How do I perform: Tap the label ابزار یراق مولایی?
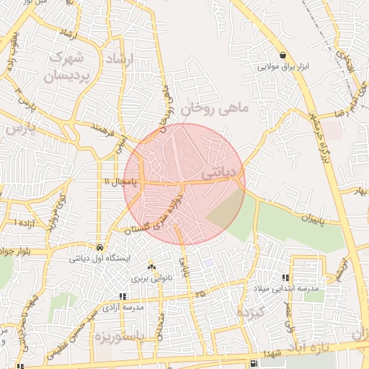283,67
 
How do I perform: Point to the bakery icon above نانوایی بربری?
151,266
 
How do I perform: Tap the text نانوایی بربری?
149,277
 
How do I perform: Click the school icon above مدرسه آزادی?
123,296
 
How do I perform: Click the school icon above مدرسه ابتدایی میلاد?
286,277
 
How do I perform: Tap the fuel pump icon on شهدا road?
253,363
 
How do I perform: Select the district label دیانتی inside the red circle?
218,174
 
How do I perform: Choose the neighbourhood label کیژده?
253,313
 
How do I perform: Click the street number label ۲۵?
199,294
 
